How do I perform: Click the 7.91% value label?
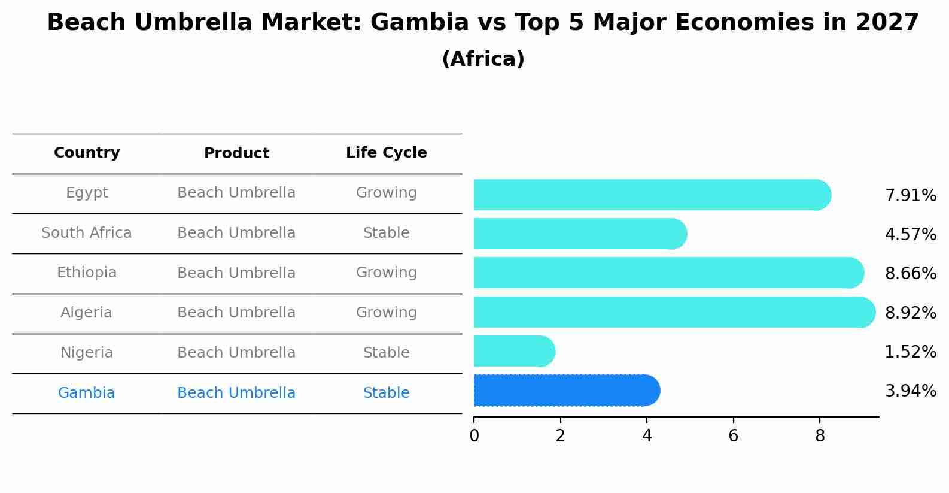[x=910, y=196]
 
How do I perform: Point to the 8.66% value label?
[x=910, y=274]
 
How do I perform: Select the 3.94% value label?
[x=910, y=391]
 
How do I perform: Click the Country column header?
[x=87, y=153]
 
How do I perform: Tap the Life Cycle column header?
[x=386, y=153]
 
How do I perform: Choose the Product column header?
[x=236, y=153]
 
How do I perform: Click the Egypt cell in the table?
[x=87, y=193]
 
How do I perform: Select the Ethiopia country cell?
[x=87, y=273]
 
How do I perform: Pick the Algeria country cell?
[x=87, y=313]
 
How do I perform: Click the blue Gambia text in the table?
[x=87, y=393]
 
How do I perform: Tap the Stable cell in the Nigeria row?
[x=386, y=353]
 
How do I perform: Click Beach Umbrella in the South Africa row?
[x=236, y=233]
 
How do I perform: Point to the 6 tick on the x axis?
[x=733, y=436]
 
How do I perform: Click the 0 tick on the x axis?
[x=474, y=436]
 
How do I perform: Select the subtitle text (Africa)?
[x=483, y=59]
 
